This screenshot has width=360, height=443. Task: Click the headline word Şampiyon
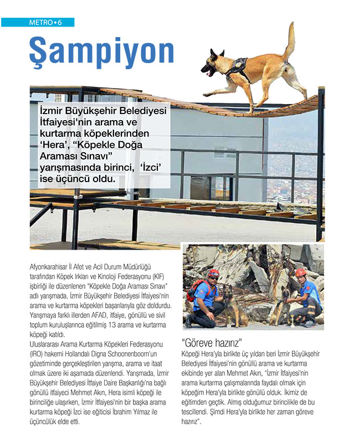(x=101, y=51)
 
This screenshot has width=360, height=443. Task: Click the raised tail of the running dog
(x=289, y=42)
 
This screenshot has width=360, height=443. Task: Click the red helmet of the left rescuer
(x=213, y=273)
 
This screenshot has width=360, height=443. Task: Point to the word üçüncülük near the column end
(x=46, y=421)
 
